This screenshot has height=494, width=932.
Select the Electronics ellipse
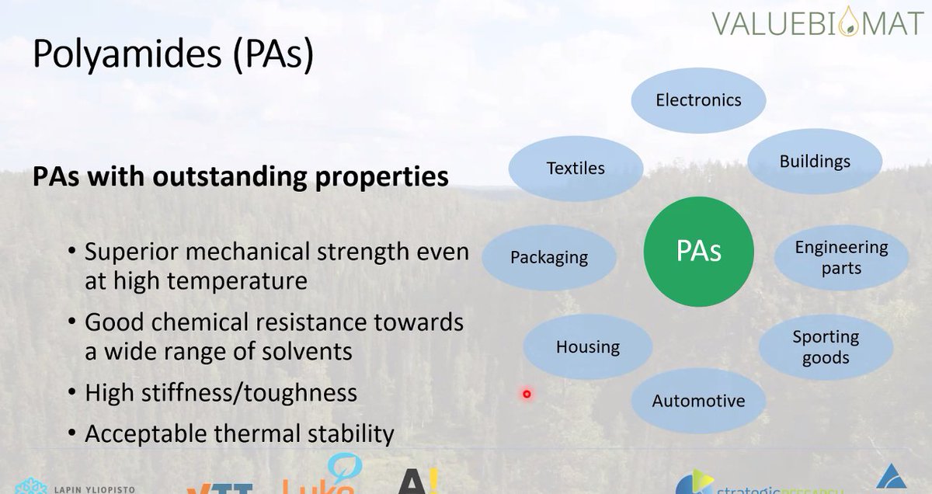coord(698,100)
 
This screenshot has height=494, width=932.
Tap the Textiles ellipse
coord(576,169)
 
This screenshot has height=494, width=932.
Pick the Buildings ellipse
coord(815,162)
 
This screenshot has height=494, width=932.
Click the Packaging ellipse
coord(549,258)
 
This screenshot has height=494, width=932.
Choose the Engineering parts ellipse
coord(841,257)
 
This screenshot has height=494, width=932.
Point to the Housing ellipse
coord(588,347)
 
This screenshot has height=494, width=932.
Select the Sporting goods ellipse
coord(826,347)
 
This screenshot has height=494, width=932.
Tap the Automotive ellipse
coord(698,401)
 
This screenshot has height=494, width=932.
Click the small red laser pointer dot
coord(527,394)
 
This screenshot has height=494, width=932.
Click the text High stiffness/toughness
coord(221,393)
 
